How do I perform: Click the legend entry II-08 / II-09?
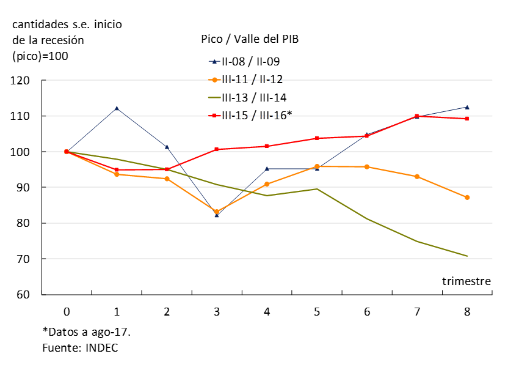[250, 61]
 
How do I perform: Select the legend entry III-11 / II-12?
[252, 79]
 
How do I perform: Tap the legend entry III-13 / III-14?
[254, 97]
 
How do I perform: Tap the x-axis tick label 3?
[217, 311]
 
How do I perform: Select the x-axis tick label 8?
[467, 311]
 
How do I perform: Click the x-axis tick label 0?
[67, 311]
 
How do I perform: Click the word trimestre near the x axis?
[466, 281]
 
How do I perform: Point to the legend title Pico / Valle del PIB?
[250, 39]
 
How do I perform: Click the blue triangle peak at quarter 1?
[117, 108]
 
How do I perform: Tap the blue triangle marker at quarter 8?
[467, 107]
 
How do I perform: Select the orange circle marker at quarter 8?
[467, 198]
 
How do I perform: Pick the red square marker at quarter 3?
[217, 149]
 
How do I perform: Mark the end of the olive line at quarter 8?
[467, 256]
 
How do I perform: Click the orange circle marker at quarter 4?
[267, 184]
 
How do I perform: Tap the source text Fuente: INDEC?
[80, 347]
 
